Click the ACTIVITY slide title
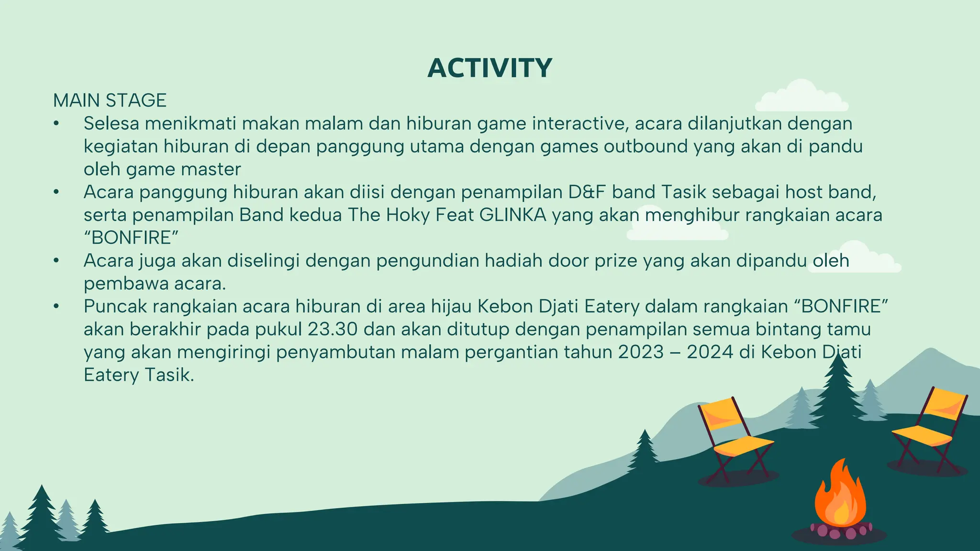(490, 68)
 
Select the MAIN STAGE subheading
(110, 100)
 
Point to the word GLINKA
(512, 215)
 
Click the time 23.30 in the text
(332, 329)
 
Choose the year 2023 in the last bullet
(641, 352)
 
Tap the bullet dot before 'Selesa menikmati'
(56, 124)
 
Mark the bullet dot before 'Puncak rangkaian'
(56, 307)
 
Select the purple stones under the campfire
(840, 530)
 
